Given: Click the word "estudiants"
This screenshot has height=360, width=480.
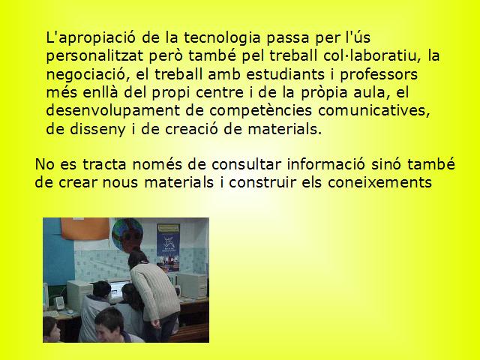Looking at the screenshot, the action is pos(285,74).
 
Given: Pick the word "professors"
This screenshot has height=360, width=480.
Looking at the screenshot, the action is pos(379,75).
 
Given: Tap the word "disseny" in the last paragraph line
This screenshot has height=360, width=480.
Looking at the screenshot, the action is pos(97,130).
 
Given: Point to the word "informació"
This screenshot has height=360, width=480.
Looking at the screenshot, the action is pos(326,164).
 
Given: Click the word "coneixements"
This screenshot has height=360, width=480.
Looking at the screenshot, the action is pos(379,182).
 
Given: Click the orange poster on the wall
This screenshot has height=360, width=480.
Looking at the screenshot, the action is pos(85,229).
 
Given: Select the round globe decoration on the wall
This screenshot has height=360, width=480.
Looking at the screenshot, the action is pos(127,234).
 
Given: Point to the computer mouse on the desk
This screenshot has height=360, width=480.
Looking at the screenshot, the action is pos(70,312).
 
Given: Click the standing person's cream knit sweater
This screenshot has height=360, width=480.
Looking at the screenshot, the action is pos(155,290).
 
